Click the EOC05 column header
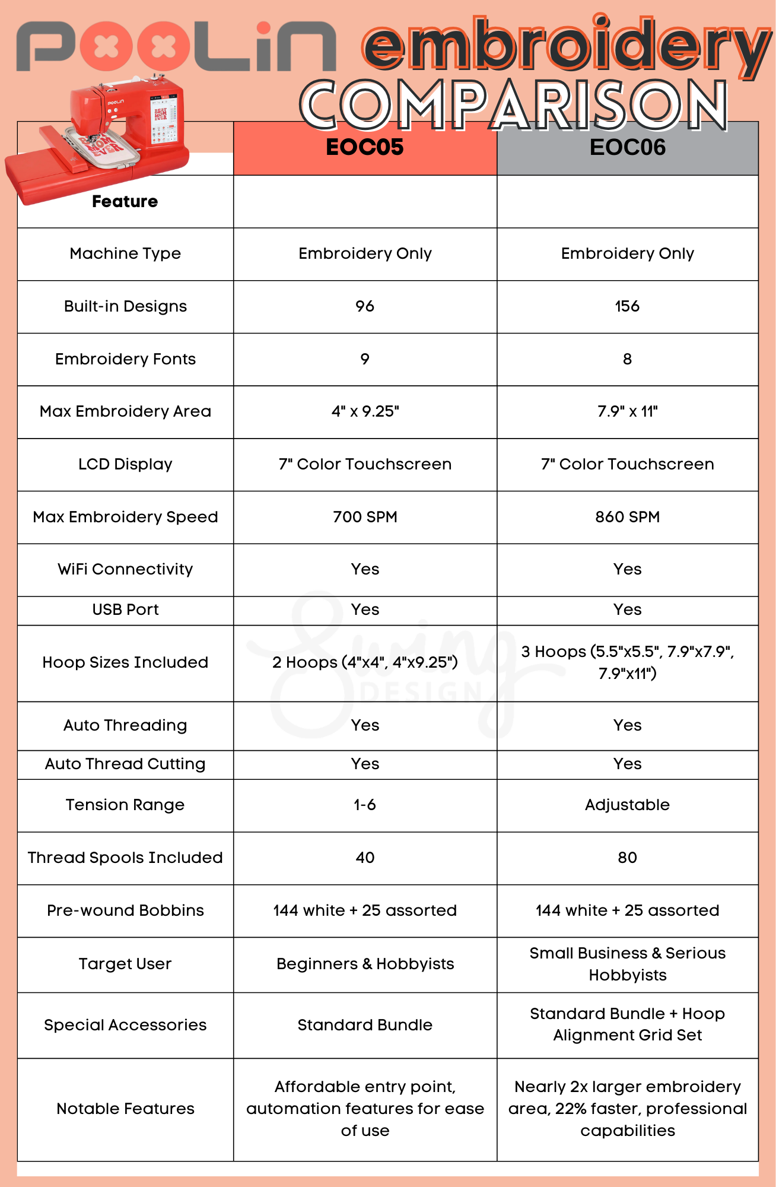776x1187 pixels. [x=365, y=147]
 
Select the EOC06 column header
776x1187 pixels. [x=627, y=147]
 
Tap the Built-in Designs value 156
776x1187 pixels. [x=627, y=306]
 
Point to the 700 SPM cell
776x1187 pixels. [x=365, y=517]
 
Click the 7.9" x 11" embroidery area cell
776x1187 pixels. [x=627, y=411]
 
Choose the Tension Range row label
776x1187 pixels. [x=125, y=805]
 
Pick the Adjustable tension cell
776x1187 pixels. [x=627, y=805]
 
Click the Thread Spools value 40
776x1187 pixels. [x=365, y=858]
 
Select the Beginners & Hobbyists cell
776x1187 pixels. [x=365, y=964]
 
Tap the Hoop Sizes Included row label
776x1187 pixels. [x=125, y=662]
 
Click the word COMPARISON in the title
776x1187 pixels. [x=514, y=105]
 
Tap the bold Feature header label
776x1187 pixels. [x=125, y=202]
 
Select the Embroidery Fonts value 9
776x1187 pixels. [x=365, y=359]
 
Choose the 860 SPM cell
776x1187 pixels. [x=627, y=517]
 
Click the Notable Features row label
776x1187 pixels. [x=125, y=1109]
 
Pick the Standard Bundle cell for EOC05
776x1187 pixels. [x=365, y=1025]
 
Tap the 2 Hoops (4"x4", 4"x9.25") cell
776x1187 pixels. [x=365, y=662]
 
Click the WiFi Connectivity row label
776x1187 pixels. [x=125, y=569]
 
